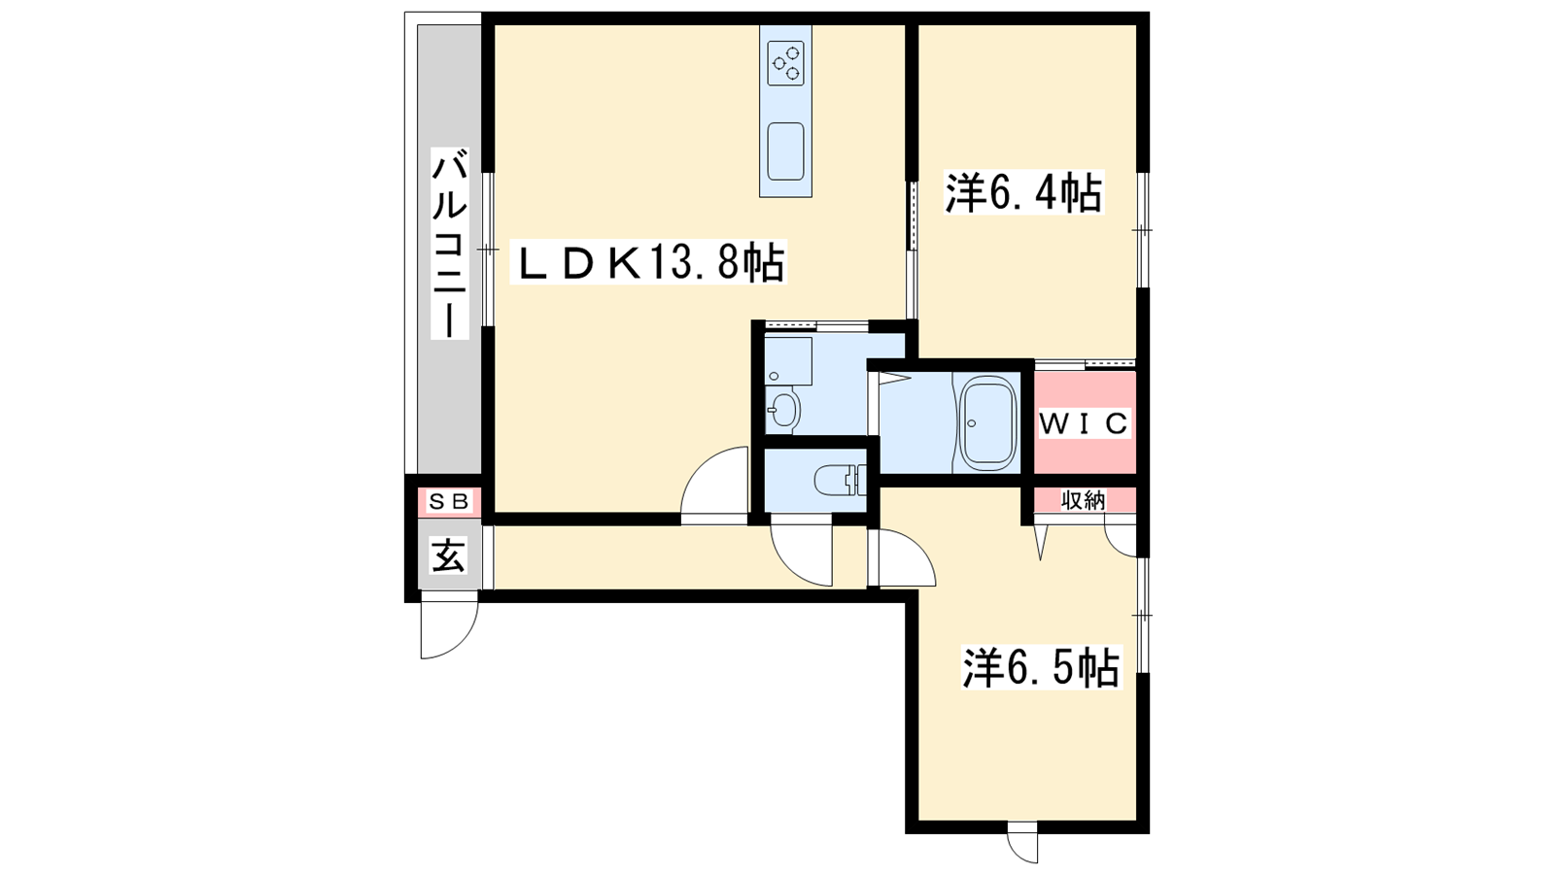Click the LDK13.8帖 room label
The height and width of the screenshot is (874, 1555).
click(647, 262)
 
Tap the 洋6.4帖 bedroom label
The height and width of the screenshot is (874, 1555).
click(1023, 193)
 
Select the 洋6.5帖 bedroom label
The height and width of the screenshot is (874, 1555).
click(1041, 667)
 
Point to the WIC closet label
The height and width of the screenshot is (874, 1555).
click(1084, 423)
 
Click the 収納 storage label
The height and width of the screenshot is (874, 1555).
click(1083, 499)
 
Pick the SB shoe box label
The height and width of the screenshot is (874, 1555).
click(449, 501)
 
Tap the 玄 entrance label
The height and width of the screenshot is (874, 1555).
click(448, 555)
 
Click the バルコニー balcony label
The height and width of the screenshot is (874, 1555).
click(450, 243)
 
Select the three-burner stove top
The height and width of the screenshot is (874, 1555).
click(786, 63)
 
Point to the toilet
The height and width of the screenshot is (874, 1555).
click(840, 480)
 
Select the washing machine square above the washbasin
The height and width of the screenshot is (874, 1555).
click(788, 360)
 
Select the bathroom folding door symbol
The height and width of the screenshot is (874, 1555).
click(895, 377)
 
